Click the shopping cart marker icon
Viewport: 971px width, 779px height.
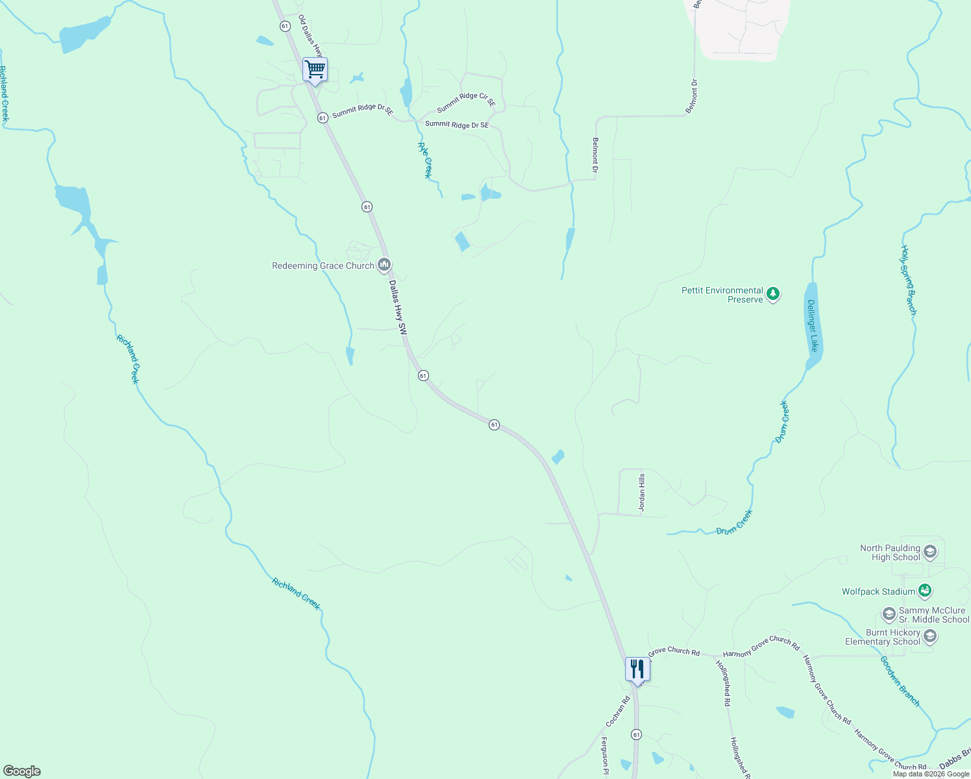pos(315,69)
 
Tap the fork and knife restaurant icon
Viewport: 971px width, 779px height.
pos(637,669)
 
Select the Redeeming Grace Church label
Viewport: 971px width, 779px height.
pos(323,266)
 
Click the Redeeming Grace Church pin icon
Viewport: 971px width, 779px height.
pos(384,265)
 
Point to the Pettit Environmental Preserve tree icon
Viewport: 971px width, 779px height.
pos(772,294)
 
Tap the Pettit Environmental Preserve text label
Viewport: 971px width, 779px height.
pos(722,295)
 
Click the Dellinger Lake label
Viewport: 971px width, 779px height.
pos(813,326)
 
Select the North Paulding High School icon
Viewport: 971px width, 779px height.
pos(929,552)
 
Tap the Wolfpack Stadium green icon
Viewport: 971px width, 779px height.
pos(925,591)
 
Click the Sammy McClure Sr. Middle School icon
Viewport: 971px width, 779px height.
pos(889,614)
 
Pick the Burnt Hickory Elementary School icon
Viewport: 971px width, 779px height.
pos(929,636)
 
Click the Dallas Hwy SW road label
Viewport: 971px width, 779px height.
pos(397,307)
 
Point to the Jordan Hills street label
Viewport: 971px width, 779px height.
pos(642,493)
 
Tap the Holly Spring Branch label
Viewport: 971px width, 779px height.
pos(909,280)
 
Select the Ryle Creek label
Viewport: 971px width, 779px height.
pos(424,160)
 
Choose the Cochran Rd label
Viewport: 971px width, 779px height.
pos(618,711)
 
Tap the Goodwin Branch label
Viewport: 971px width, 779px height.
pos(900,681)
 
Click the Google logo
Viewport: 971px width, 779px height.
pos(22,771)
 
